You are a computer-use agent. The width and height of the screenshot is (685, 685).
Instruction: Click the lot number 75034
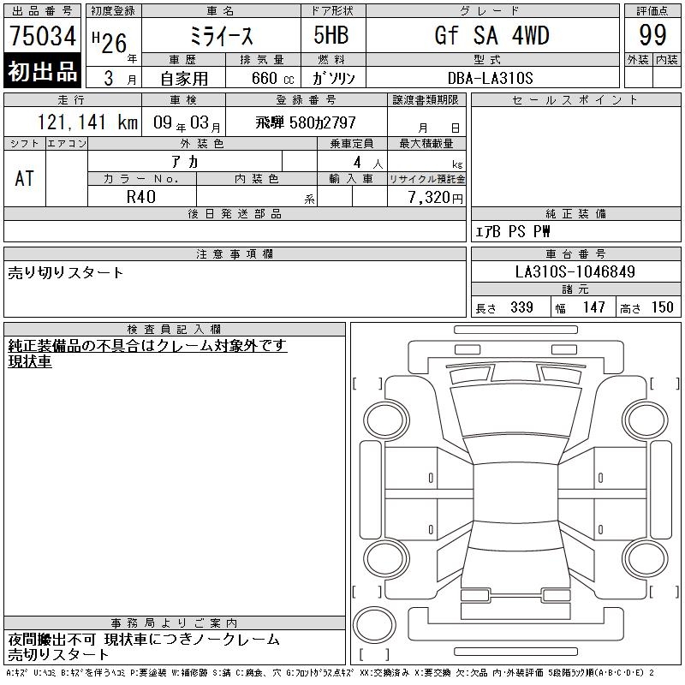pos(43,35)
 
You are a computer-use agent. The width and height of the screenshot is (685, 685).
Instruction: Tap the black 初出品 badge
pos(42,71)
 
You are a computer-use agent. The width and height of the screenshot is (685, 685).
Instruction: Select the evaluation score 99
pos(652,35)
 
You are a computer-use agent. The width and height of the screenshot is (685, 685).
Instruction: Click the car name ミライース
pos(221,36)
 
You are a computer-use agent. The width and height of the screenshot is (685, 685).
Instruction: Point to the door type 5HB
pos(331,35)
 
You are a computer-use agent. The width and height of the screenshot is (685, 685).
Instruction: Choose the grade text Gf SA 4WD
pos(491,35)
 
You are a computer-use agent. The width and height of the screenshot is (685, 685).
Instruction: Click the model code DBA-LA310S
pos(490,78)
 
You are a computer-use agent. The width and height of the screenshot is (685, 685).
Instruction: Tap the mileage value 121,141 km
pos(87,122)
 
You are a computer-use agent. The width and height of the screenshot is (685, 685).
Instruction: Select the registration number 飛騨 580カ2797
pos(306,122)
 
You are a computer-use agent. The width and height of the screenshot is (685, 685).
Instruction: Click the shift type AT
pos(25,178)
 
